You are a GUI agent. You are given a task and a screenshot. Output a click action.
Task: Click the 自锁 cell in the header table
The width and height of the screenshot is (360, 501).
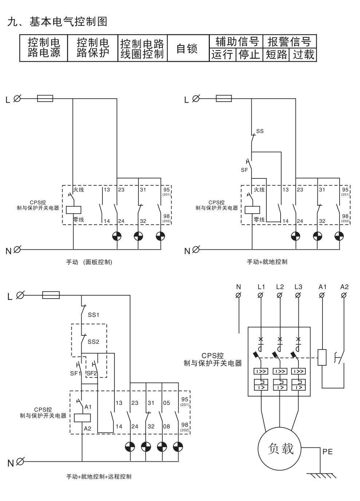[188, 48]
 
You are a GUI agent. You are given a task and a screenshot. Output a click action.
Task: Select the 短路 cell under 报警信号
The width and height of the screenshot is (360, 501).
[276, 54]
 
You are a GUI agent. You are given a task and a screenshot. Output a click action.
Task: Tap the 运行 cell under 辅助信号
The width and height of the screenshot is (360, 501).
[222, 54]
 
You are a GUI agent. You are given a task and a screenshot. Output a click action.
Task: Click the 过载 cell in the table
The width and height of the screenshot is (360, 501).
[303, 54]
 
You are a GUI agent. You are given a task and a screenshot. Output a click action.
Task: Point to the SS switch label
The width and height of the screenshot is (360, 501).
[260, 131]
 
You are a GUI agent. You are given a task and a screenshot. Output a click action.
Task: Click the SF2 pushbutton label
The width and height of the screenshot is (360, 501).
[92, 373]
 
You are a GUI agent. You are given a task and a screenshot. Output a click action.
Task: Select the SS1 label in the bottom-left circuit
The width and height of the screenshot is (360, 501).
[93, 315]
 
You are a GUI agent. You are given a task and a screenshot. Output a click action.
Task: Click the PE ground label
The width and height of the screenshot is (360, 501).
[327, 451]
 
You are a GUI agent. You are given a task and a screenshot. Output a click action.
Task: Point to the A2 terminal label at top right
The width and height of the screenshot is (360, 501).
[344, 287]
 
